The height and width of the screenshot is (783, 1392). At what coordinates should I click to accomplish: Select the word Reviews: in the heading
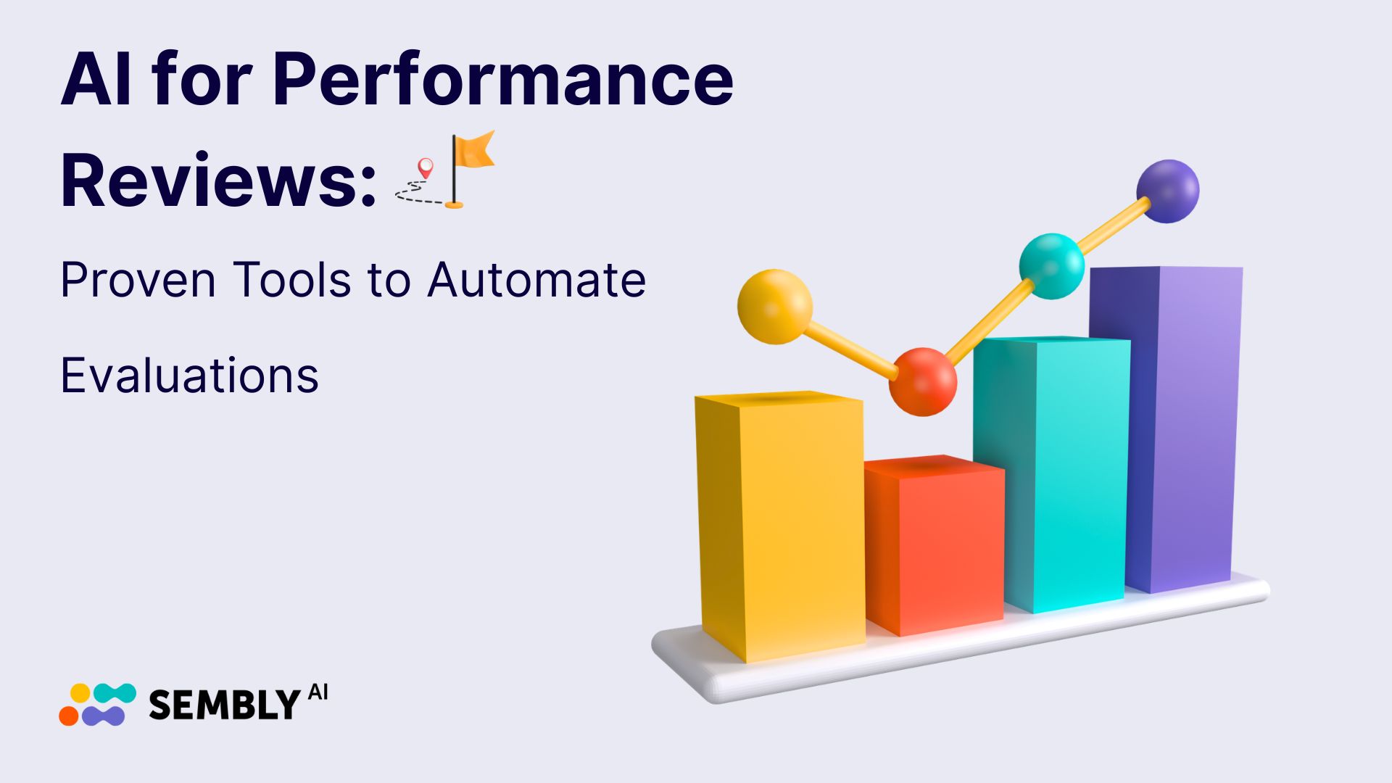[x=218, y=181]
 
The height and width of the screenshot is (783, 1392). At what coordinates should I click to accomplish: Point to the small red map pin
[x=426, y=168]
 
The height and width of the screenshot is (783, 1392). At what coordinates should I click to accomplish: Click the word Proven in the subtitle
[x=138, y=281]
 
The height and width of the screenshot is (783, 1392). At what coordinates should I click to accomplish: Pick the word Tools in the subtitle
[x=292, y=281]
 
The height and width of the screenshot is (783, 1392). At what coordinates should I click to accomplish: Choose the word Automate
[x=536, y=281]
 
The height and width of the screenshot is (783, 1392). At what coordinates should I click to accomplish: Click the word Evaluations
[x=189, y=376]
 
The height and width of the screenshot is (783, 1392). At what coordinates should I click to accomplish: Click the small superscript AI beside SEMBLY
[x=318, y=692]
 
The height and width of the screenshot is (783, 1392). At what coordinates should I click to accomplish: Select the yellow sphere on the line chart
[x=774, y=306]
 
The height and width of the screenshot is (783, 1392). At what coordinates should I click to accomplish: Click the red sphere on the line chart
[x=922, y=381]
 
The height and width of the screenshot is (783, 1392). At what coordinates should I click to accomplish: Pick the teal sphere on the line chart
[x=1051, y=265]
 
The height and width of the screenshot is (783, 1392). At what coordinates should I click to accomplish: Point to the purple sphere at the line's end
[x=1167, y=191]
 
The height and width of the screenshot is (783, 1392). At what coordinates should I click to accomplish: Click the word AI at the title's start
[x=97, y=81]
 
